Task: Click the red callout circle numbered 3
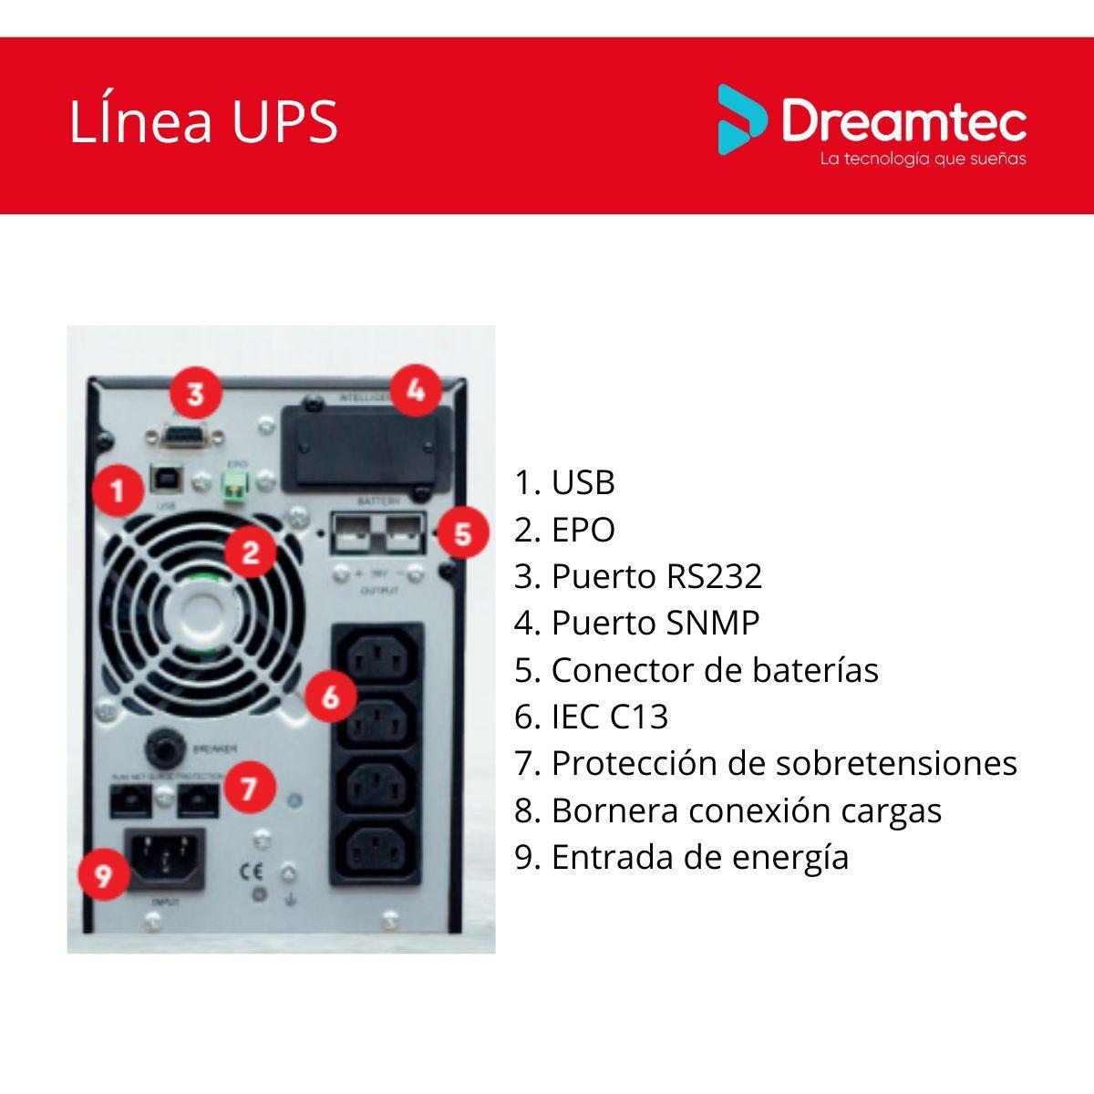[195, 395]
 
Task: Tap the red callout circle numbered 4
[416, 390]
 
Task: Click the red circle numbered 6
[330, 697]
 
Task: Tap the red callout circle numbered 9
[103, 875]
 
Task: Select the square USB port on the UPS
[168, 480]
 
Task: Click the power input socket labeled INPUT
[169, 857]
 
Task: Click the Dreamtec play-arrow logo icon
[741, 119]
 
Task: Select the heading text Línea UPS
[203, 122]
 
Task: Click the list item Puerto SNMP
[636, 623]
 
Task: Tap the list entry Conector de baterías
[696, 670]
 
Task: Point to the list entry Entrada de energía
[681, 857]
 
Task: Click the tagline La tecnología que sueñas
[923, 160]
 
